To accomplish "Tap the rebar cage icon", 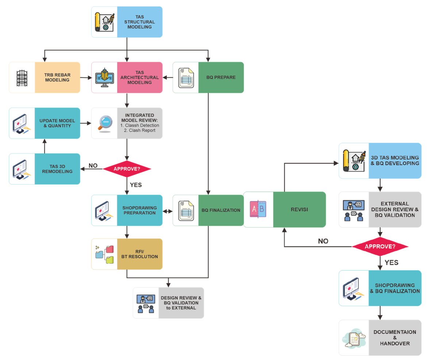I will coord(22,77).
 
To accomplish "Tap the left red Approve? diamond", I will coord(127,169).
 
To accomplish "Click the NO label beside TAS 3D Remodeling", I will coord(93,166).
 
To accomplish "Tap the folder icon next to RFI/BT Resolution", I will coord(105,254).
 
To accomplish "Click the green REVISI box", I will coord(299,209).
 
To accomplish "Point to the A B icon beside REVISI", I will coord(258,209).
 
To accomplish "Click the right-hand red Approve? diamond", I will coord(380,246).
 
